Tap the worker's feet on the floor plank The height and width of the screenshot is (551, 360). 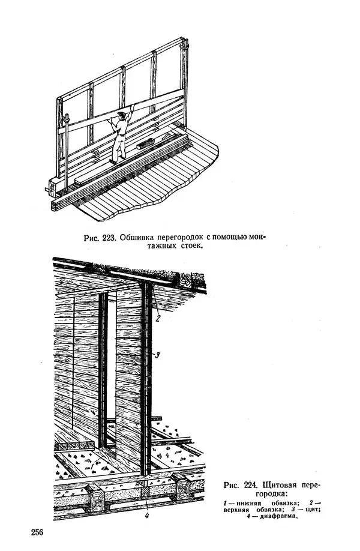coord(113,160)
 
